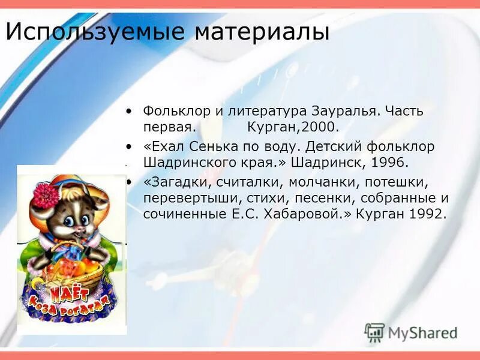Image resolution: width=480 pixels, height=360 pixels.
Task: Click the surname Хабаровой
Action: point(313,214)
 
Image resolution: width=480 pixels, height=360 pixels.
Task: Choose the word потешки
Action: point(394,181)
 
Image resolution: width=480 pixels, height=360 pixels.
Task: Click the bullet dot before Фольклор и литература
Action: point(129,112)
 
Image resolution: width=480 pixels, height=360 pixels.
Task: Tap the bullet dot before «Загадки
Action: point(129,181)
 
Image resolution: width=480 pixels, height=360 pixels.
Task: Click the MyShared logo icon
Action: point(374,332)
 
